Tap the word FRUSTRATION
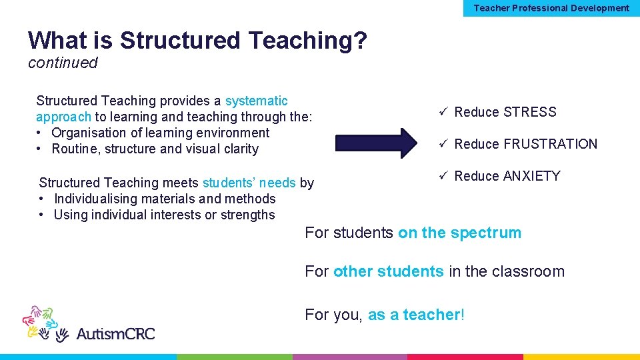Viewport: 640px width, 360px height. point(551,144)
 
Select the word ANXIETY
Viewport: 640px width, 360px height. point(531,176)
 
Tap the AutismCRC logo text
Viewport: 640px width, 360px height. point(115,333)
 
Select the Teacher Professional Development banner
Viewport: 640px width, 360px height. point(551,8)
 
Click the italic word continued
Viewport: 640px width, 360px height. point(63,63)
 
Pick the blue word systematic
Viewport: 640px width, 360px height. point(257,101)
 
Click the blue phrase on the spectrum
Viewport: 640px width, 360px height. point(459,233)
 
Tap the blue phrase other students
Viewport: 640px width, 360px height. point(388,271)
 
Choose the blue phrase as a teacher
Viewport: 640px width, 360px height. point(414,315)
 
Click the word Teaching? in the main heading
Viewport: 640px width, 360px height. point(307,41)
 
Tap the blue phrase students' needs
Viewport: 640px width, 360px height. point(249,183)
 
